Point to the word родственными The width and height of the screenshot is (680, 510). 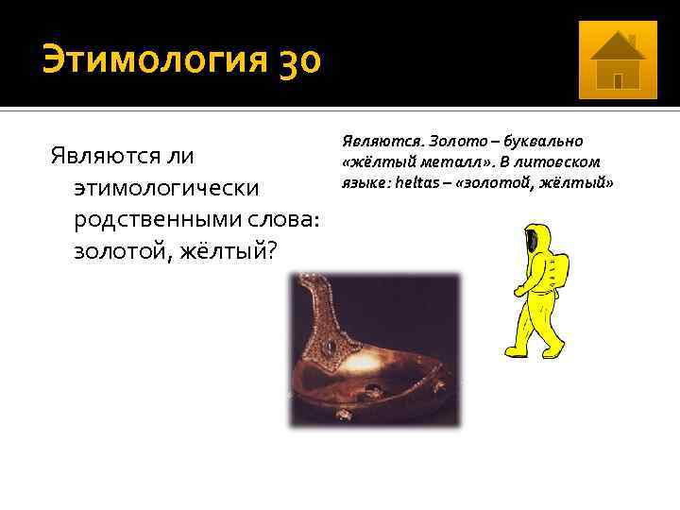coord(150,219)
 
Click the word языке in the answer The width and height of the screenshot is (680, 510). coord(363,181)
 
